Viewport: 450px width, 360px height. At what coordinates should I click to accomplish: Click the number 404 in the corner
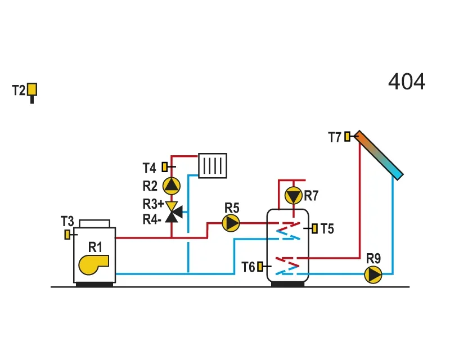tap(406, 82)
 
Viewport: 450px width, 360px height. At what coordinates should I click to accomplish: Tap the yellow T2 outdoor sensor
tap(32, 90)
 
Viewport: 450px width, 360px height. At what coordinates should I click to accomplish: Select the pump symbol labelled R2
tap(172, 186)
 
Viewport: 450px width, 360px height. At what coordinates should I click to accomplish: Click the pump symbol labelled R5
tap(231, 223)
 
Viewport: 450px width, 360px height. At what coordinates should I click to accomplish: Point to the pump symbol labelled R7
tap(293, 196)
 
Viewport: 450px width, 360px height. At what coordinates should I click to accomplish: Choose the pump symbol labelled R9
tap(373, 274)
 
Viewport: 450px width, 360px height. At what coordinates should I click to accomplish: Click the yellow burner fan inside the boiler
tap(93, 265)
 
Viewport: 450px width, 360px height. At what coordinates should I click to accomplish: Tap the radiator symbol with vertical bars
tap(213, 166)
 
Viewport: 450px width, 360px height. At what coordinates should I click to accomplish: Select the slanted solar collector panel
tap(379, 155)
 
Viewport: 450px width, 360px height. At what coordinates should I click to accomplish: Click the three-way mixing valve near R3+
tap(173, 212)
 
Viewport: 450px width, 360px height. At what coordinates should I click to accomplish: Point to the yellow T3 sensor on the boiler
tap(67, 235)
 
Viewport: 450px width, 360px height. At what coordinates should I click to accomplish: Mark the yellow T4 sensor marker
tap(165, 167)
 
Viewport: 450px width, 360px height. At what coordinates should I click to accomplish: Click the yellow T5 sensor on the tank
tap(315, 229)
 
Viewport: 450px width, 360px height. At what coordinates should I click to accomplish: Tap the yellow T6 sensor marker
tap(260, 267)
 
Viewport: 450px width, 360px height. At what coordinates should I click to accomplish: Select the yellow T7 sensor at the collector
tap(347, 136)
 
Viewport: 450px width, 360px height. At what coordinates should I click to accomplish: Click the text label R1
tap(95, 247)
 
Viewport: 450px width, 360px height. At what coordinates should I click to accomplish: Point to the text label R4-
tap(152, 219)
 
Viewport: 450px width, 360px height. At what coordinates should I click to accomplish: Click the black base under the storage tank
tap(287, 284)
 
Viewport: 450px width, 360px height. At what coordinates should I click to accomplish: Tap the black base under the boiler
tap(94, 285)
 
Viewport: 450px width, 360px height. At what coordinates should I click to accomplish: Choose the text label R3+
tap(153, 204)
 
